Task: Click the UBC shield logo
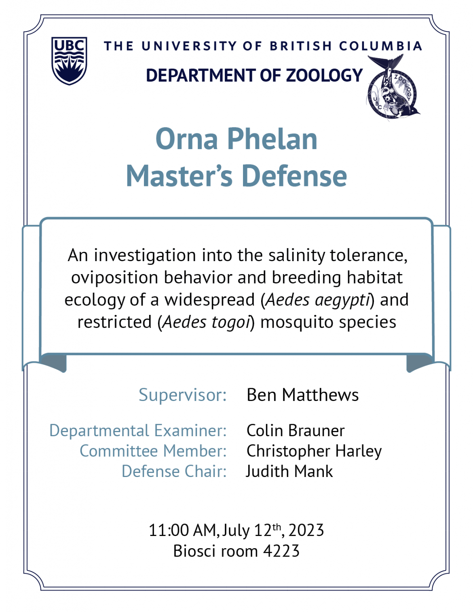coord(69,61)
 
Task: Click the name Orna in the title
coord(187,139)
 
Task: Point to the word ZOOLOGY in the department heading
coord(324,75)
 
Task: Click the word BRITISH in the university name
coord(301,46)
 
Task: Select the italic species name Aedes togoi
coord(207,323)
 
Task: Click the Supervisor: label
coord(183,395)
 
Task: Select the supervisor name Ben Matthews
coord(303,395)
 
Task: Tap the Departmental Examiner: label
coord(138,431)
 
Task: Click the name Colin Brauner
coord(296,431)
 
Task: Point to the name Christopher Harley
coord(314,451)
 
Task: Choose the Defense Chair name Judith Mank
coord(289,471)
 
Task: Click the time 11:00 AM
coord(182,531)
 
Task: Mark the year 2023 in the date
coord(306,531)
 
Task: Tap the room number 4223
coord(281,551)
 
